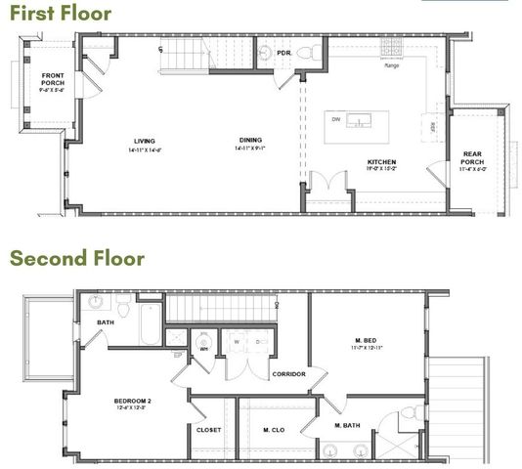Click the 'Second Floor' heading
coord(77,259)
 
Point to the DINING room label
coord(249,141)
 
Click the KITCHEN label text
coord(381,161)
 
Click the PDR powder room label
coord(284,52)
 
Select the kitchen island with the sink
coord(357,123)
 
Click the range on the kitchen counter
coord(391,47)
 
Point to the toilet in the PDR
coord(304,52)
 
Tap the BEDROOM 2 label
coord(136,402)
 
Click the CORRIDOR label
coord(289,373)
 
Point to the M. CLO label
coord(274,430)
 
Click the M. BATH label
coord(349,426)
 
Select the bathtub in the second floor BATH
coord(150,325)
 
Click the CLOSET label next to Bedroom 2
coord(209,430)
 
